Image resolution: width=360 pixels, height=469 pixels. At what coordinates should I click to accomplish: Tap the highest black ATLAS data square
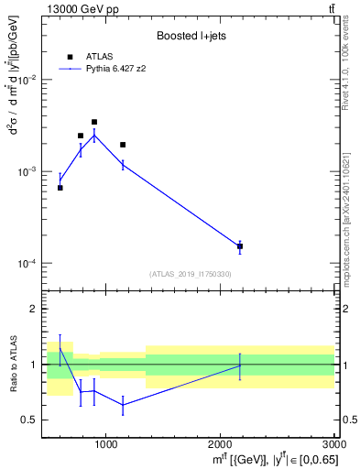point(94,122)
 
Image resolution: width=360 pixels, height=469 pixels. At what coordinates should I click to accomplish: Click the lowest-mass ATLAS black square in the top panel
point(60,188)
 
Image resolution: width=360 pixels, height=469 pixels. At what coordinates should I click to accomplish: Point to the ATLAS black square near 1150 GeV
point(123,145)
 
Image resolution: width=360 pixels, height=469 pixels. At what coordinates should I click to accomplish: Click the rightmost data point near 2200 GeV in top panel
point(240,246)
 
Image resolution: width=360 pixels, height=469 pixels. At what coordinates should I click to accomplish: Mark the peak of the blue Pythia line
point(94,136)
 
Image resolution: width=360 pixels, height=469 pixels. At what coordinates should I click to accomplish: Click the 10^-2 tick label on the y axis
point(27,81)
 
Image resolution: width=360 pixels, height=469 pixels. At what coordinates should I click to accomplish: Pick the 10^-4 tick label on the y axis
point(27,264)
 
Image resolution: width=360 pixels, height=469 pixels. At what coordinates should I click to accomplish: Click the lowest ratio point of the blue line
point(123,404)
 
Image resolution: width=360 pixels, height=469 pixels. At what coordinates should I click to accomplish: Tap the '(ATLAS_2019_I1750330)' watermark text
point(191,274)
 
